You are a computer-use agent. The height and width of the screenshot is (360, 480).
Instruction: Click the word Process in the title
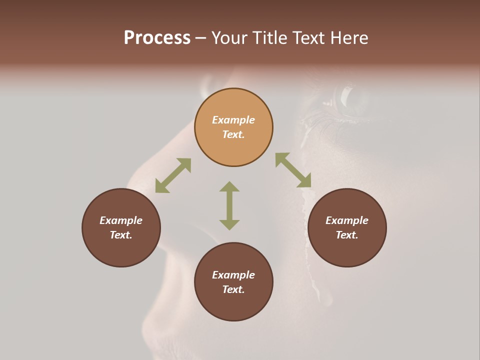tap(157, 38)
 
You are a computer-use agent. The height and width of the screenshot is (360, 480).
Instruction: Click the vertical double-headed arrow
tap(229, 205)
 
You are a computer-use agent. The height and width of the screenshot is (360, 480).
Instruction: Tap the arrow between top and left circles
tap(173, 175)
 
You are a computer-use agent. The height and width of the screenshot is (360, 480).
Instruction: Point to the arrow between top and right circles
tap(293, 170)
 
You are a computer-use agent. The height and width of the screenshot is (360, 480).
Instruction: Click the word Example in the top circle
tap(233, 120)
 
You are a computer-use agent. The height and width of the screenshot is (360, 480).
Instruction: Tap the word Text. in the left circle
tap(121, 235)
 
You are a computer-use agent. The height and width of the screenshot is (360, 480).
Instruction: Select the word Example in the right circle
tap(347, 220)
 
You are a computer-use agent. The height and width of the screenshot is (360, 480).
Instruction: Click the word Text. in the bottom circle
tap(233, 289)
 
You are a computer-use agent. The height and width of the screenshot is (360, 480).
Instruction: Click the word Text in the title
tap(309, 38)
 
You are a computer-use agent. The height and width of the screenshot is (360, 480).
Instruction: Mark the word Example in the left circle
tap(121, 220)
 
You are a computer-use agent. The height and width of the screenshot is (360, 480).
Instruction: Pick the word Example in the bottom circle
tap(233, 275)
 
